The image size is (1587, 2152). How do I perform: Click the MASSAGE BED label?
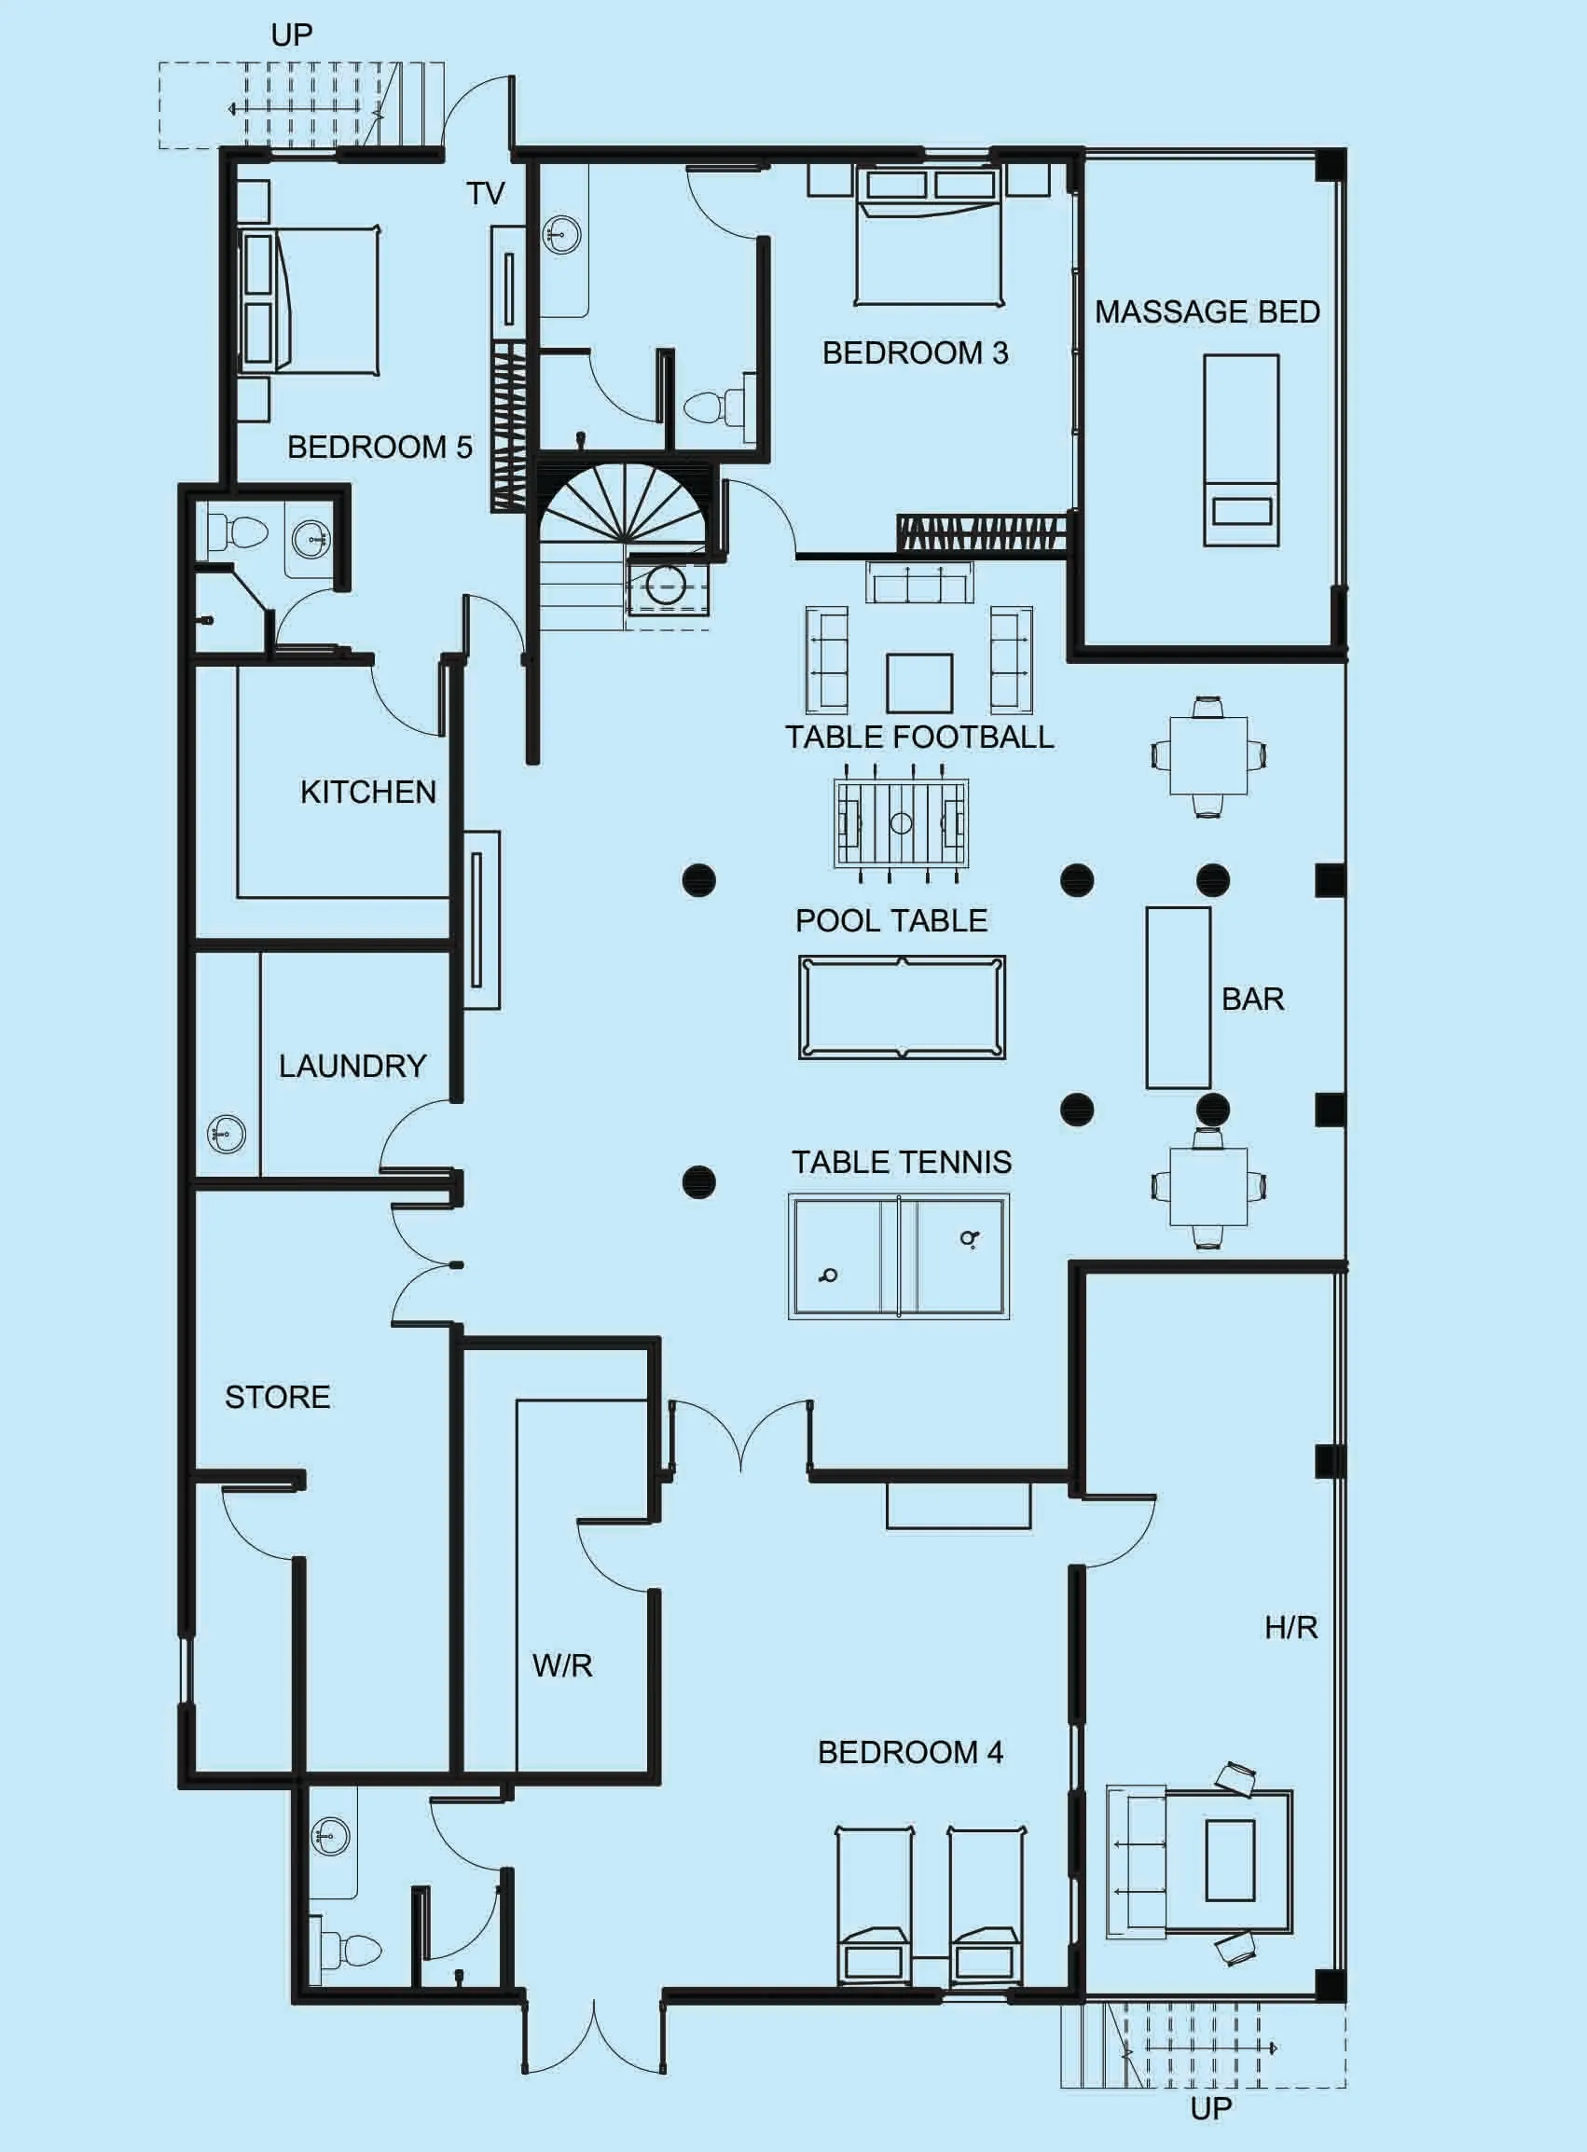[1207, 311]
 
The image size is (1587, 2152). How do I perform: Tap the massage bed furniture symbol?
[1241, 449]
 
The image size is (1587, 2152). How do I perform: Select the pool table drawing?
[901, 1008]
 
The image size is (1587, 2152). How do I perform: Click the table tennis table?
[898, 1257]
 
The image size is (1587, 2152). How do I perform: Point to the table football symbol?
[900, 822]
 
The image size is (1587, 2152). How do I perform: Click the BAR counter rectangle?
[1177, 998]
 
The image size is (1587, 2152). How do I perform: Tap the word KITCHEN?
[368, 792]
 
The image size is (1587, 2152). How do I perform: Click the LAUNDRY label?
[352, 1066]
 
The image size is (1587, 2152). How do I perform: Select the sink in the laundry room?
[227, 1135]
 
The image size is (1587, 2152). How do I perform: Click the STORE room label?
[278, 1397]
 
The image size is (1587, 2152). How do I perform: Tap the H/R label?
[1290, 1627]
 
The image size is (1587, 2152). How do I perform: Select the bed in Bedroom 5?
[308, 302]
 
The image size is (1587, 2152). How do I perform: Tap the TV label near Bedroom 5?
[485, 193]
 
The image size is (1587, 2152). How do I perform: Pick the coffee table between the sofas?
[919, 683]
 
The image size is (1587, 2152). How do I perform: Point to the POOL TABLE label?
[890, 920]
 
